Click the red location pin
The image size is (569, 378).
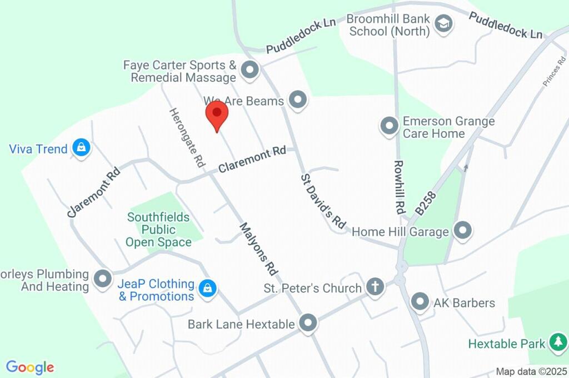tap(217, 114)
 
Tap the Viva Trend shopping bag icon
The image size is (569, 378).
tap(81, 148)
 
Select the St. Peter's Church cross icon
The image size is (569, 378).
tap(375, 287)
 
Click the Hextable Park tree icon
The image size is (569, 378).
tap(557, 343)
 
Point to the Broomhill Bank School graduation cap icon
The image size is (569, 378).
tap(443, 24)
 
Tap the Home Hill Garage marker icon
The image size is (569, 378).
tap(462, 230)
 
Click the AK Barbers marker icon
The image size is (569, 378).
tap(419, 302)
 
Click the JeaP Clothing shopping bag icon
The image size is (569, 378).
tap(207, 289)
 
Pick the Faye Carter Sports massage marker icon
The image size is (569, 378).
tap(250, 71)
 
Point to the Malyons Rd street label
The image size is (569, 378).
tap(258, 248)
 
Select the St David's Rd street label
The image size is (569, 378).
tap(323, 201)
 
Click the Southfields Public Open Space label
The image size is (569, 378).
tap(158, 230)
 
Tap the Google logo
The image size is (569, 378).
tap(30, 367)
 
